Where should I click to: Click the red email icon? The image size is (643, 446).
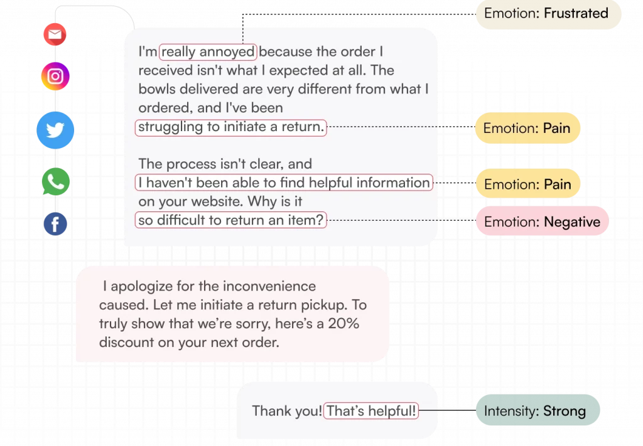tap(55, 35)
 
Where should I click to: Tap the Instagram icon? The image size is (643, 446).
tap(55, 76)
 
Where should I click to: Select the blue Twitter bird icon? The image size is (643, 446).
tap(55, 130)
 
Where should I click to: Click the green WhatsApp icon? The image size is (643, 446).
tap(56, 181)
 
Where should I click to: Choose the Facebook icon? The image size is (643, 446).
tap(55, 224)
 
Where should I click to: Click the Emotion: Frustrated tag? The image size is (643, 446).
tap(548, 14)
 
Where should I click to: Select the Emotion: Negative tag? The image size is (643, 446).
tap(542, 221)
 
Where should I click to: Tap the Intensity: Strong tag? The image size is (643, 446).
tap(538, 410)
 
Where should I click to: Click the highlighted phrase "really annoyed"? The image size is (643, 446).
tap(208, 51)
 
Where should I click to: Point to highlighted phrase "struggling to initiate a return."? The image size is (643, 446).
tap(231, 127)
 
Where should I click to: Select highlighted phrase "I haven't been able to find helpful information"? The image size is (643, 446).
tap(284, 183)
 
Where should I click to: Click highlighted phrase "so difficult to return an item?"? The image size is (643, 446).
tap(231, 220)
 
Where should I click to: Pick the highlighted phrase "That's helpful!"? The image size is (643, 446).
tap(371, 411)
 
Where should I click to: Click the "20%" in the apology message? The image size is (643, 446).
tap(343, 324)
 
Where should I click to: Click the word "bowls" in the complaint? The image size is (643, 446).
tap(157, 89)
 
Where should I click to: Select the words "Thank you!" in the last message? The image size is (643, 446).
tap(287, 411)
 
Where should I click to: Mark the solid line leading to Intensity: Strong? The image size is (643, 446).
tap(447, 410)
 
